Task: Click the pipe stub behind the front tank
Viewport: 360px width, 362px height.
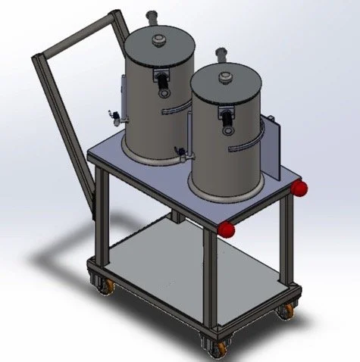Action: tap(224, 54)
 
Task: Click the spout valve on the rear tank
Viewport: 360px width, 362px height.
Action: tap(114, 115)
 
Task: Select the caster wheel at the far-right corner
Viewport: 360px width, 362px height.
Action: tap(286, 311)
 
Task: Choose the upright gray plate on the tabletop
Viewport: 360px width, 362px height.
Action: tap(274, 148)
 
